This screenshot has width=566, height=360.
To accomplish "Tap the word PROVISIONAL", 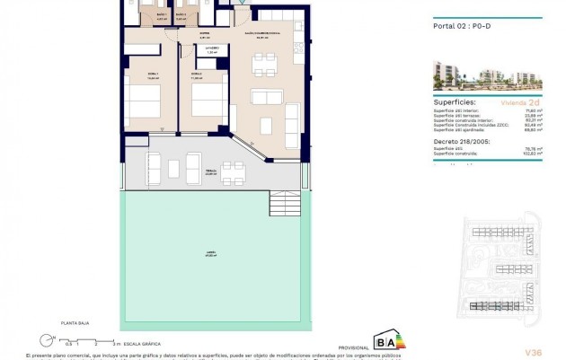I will pyautogui.click(x=352, y=347).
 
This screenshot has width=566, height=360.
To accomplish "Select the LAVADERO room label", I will pyautogui.click(x=212, y=49).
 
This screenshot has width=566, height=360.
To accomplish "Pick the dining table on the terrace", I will pyautogui.click(x=232, y=165).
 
